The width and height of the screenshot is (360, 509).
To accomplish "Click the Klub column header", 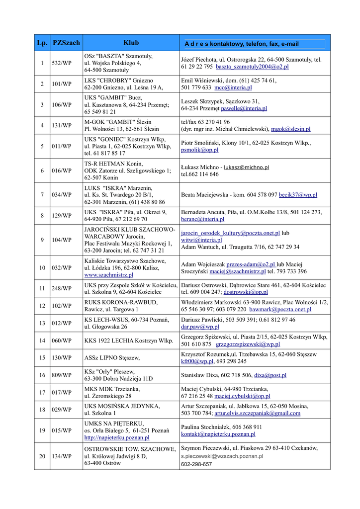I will pos(131,43).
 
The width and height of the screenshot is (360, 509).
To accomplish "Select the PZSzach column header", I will pos(66,43).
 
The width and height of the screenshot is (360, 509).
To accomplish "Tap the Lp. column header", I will pos(42,43).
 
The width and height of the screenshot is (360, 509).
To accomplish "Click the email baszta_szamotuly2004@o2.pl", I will pos(252,66).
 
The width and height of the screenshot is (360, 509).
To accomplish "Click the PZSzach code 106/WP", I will pos(62,105).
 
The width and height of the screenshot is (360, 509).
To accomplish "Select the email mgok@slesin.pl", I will pos(290,129).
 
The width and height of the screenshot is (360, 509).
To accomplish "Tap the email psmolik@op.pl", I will pos(192,150).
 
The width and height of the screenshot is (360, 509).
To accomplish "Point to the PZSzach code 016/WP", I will pos(62,170).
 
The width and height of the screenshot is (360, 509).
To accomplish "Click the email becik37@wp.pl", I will pos(298,195).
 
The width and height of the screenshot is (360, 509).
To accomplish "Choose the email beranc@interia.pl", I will pos(202,219).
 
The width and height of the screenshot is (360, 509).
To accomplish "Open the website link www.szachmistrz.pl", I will pos(108,275).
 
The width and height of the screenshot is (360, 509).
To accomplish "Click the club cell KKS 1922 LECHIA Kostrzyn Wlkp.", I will pos(125,340).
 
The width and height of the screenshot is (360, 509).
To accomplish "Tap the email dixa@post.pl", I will pos(270,375).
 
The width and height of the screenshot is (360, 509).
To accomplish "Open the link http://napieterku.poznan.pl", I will pos(116,438).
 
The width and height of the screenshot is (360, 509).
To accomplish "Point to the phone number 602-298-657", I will pos(196,464).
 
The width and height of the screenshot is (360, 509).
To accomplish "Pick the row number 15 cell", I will pos(42,357).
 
